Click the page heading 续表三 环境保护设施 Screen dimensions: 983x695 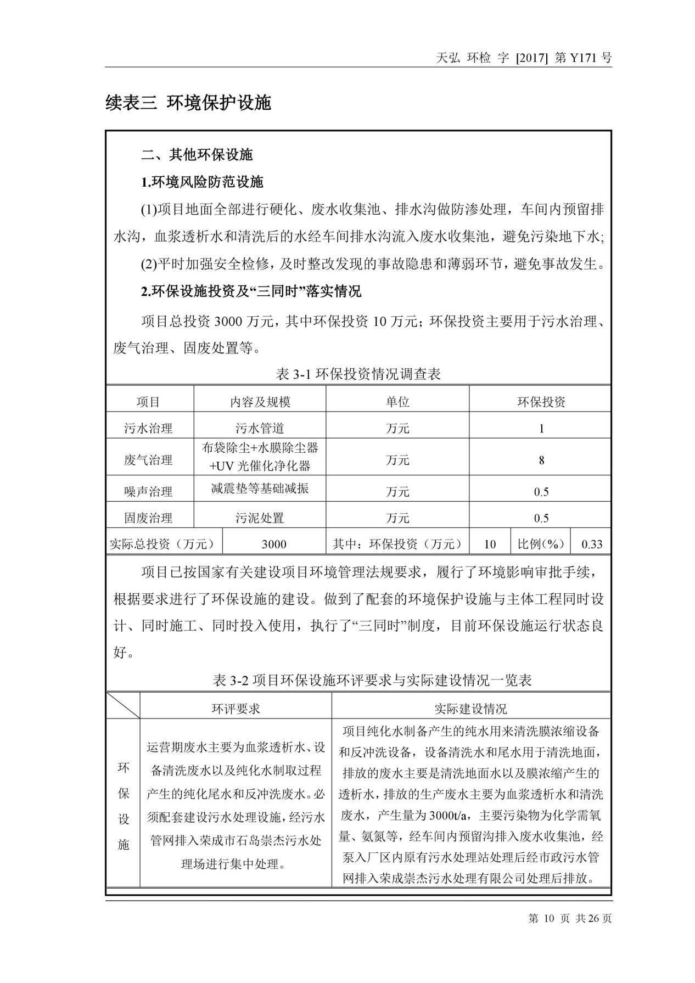[188, 103]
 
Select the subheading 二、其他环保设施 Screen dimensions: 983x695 [197, 155]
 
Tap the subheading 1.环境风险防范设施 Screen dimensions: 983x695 [202, 182]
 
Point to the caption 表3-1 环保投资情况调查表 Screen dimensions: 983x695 [358, 374]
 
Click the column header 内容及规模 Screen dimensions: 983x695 [260, 402]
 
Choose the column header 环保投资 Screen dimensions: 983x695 [541, 402]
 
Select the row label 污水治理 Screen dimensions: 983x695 [148, 429]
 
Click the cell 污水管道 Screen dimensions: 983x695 [260, 429]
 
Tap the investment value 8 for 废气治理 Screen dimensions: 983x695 [541, 460]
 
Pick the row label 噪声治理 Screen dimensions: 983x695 [148, 492]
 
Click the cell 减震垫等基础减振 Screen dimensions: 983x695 [260, 488]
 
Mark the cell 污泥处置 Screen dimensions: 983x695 [260, 518]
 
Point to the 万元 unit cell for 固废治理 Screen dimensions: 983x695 [397, 518]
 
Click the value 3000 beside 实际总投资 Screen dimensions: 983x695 [273, 544]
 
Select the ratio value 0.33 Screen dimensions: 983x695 [592, 544]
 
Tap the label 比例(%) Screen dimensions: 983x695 [541, 544]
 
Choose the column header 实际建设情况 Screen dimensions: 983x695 [470, 709]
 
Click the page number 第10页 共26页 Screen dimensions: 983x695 [569, 919]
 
